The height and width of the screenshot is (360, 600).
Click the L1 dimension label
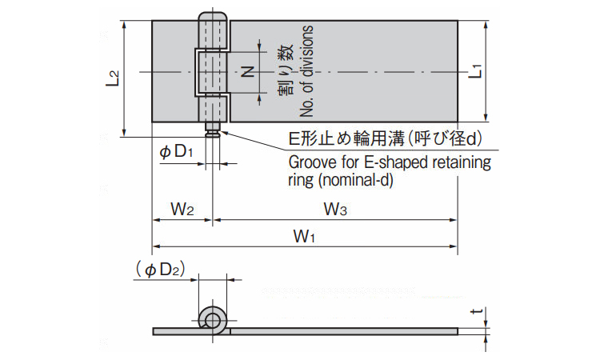[475, 69]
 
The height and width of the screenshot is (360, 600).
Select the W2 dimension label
[182, 210]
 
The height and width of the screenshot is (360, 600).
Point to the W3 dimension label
[334, 210]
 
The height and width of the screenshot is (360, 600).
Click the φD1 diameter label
[174, 151]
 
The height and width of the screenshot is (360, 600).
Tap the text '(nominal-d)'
[356, 181]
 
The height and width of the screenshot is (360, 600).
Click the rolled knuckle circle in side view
[214, 320]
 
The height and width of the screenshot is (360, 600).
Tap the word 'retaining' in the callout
[459, 164]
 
